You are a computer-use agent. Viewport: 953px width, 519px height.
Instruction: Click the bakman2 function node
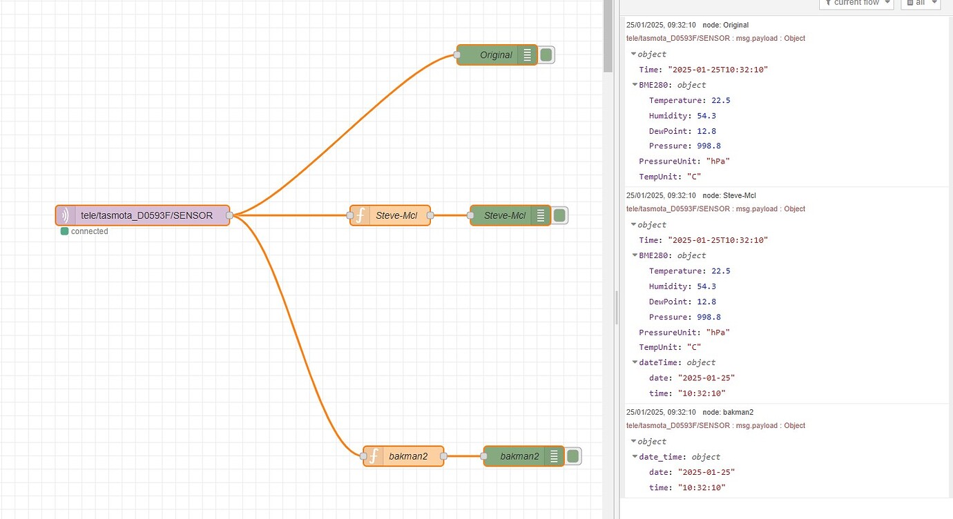click(408, 456)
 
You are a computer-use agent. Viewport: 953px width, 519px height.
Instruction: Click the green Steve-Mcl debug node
click(504, 216)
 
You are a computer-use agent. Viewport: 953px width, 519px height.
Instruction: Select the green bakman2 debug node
click(519, 456)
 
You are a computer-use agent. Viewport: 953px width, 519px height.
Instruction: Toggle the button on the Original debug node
click(546, 55)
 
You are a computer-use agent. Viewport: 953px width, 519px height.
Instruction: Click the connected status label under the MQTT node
click(89, 232)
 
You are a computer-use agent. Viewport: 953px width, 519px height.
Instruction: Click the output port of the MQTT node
click(229, 215)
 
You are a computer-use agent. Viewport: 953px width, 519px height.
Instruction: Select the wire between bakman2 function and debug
click(463, 456)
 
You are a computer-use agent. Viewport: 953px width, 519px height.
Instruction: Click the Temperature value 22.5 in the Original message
click(720, 101)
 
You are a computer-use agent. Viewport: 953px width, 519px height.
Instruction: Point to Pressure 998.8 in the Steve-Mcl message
click(709, 317)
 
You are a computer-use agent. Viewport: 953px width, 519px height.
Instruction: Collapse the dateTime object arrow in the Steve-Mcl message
click(634, 362)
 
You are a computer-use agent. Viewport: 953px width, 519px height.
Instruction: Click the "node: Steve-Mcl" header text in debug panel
click(729, 196)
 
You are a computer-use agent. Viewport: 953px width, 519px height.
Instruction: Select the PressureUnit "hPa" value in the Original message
click(719, 161)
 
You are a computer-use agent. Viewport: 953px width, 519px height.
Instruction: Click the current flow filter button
click(856, 3)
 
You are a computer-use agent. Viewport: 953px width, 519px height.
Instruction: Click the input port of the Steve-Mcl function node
click(350, 215)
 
